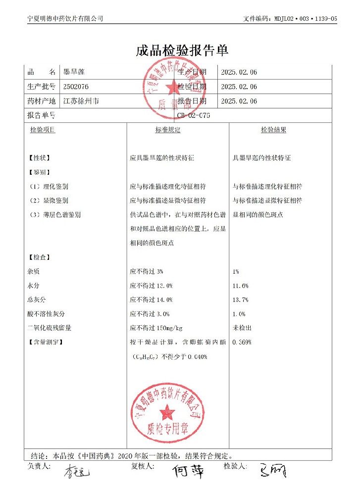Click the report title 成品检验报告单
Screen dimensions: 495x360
182,50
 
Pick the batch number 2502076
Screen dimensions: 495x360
76,87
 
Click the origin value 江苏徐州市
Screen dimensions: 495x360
81,101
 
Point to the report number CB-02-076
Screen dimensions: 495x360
193,115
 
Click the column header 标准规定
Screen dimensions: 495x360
168,130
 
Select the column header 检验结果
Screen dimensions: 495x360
273,130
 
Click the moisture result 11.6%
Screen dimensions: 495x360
240,286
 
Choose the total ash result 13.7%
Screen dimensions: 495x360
240,299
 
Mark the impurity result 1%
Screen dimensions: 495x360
236,272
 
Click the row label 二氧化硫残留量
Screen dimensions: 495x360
50,328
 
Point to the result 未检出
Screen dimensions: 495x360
242,328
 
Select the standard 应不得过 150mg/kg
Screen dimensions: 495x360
156,328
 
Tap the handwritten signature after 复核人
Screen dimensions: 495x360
188,471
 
